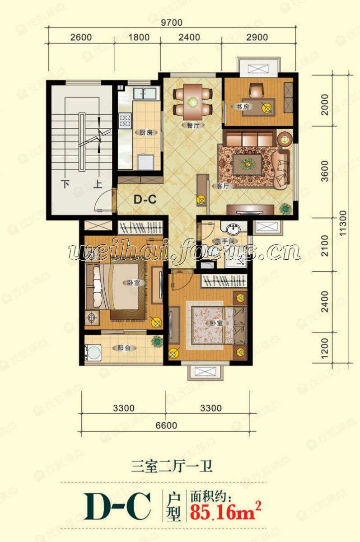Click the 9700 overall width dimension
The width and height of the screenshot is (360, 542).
(x=172, y=21)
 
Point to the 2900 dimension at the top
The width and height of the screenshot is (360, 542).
(x=257, y=37)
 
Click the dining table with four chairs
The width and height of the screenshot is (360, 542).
(x=193, y=100)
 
